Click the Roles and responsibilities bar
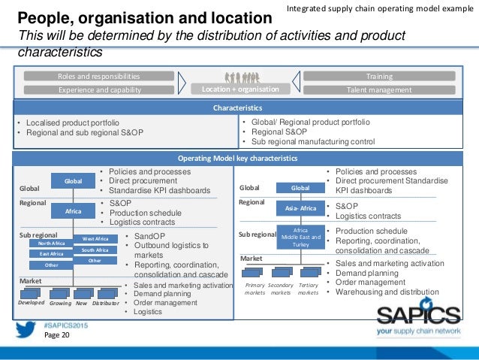point(98,76)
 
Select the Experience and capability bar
point(98,89)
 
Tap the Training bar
point(379,76)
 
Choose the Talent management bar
point(379,89)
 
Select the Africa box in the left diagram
point(73,211)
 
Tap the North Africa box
point(52,243)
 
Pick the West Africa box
point(95,239)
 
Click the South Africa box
point(95,250)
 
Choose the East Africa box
point(52,254)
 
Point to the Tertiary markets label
point(308,289)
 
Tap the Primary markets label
point(255,289)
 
